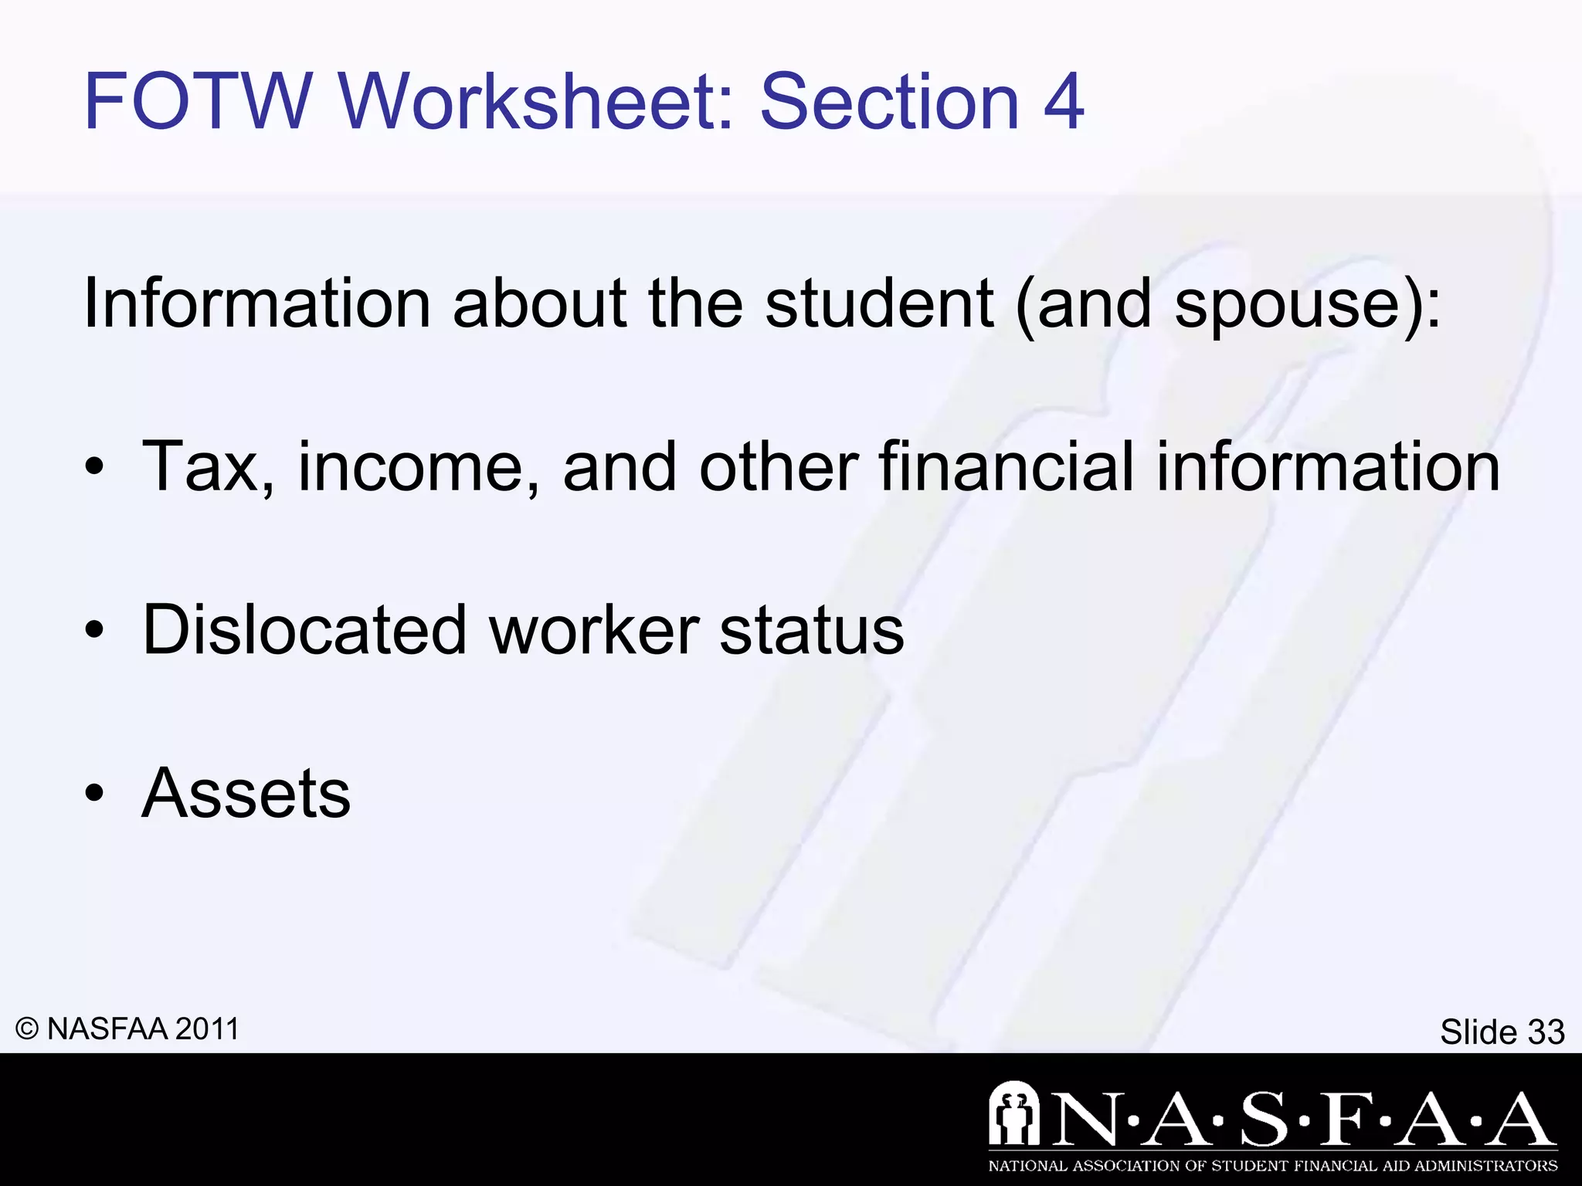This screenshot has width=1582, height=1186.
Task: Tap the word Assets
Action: (246, 793)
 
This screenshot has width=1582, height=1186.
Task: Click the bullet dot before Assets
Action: (94, 795)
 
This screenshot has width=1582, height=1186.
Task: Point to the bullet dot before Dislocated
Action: (94, 631)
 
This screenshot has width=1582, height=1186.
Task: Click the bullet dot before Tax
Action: (94, 468)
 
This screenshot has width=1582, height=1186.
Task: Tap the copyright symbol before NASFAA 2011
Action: (27, 1029)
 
